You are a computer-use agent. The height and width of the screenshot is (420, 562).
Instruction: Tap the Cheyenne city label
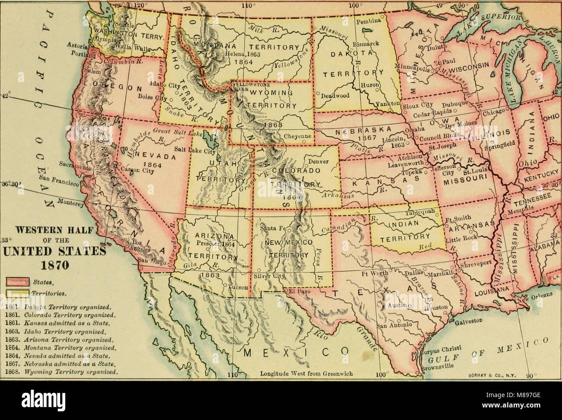(297, 136)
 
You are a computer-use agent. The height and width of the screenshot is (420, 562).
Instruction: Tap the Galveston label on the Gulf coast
(469, 322)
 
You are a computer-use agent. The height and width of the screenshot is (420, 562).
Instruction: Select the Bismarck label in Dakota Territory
(367, 44)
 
